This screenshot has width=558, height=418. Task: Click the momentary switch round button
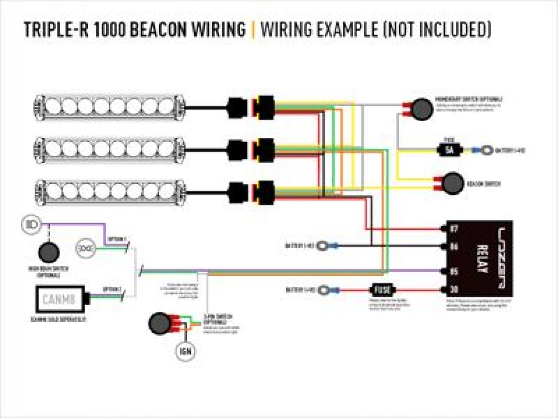point(420,108)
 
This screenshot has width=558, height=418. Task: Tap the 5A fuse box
point(449,150)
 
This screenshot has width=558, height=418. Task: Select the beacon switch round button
point(453,183)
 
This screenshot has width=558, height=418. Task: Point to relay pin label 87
point(453,229)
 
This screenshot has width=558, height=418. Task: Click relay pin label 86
point(453,246)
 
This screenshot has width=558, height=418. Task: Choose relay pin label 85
point(453,271)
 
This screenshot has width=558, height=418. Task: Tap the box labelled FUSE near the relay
point(380,289)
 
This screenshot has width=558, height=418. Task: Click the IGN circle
point(186,351)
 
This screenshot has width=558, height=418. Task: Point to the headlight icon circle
point(30,225)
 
